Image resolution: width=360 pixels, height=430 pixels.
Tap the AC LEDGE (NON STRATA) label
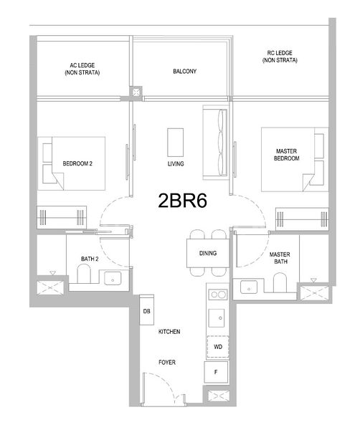coord(82,70)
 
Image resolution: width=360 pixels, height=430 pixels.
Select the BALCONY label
coord(184,72)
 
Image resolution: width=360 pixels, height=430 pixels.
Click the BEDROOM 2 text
coord(77,163)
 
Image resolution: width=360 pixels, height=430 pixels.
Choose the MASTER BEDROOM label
coord(287,155)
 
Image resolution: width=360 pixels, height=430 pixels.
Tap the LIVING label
coord(176,164)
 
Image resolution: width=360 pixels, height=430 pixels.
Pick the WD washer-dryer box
coord(217,347)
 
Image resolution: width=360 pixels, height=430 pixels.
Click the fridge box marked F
coord(217,371)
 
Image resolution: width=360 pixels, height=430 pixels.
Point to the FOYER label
coord(167,363)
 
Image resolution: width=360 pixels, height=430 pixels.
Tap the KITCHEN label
coord(169,332)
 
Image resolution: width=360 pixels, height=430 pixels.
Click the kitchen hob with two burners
coord(217,294)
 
